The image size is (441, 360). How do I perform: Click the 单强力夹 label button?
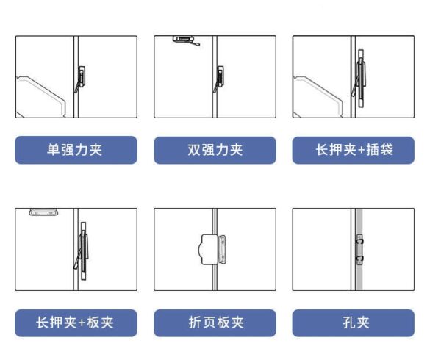point(76,150)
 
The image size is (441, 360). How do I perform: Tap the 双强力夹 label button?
point(215,150)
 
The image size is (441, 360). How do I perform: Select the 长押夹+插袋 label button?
point(354,150)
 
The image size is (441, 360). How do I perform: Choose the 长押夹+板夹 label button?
point(76,323)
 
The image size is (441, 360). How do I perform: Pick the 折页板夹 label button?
point(215,323)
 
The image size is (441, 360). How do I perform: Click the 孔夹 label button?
point(354,323)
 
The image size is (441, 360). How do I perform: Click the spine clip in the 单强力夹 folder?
point(80,78)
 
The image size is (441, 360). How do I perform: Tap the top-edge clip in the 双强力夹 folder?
point(186,40)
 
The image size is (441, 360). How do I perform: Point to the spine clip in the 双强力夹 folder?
point(219,78)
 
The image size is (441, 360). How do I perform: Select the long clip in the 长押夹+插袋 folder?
point(360,78)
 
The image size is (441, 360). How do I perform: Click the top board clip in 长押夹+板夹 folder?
point(43,212)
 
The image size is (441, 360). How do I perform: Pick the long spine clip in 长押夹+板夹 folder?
point(82,251)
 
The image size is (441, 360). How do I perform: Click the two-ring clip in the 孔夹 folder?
point(359,250)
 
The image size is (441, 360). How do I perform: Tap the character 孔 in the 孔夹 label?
point(348,323)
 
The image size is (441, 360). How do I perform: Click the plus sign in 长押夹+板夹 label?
point(82,323)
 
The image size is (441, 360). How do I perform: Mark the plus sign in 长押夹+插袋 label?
point(362,150)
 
